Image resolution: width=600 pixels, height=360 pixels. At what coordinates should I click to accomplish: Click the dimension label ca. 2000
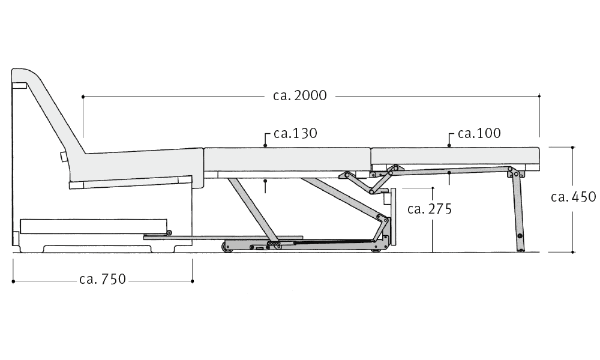pyautogui.click(x=300, y=95)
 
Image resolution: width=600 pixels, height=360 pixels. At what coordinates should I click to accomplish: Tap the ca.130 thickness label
pyautogui.click(x=295, y=133)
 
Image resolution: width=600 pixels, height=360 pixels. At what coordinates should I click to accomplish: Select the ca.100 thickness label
pyautogui.click(x=479, y=133)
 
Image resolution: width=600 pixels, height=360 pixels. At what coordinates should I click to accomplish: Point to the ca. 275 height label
pyautogui.click(x=430, y=209)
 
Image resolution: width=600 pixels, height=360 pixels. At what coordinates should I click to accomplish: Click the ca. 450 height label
pyautogui.click(x=573, y=197)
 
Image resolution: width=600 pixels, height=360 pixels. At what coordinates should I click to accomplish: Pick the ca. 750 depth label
pyautogui.click(x=103, y=279)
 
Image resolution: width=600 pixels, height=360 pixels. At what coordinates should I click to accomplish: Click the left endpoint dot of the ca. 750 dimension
pyautogui.click(x=13, y=281)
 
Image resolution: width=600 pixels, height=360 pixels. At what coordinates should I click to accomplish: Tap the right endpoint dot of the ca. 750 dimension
pyautogui.click(x=192, y=281)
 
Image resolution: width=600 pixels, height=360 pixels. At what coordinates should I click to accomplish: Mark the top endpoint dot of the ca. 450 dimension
pyautogui.click(x=572, y=147)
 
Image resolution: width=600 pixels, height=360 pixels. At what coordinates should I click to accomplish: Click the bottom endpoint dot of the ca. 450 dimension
pyautogui.click(x=572, y=252)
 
